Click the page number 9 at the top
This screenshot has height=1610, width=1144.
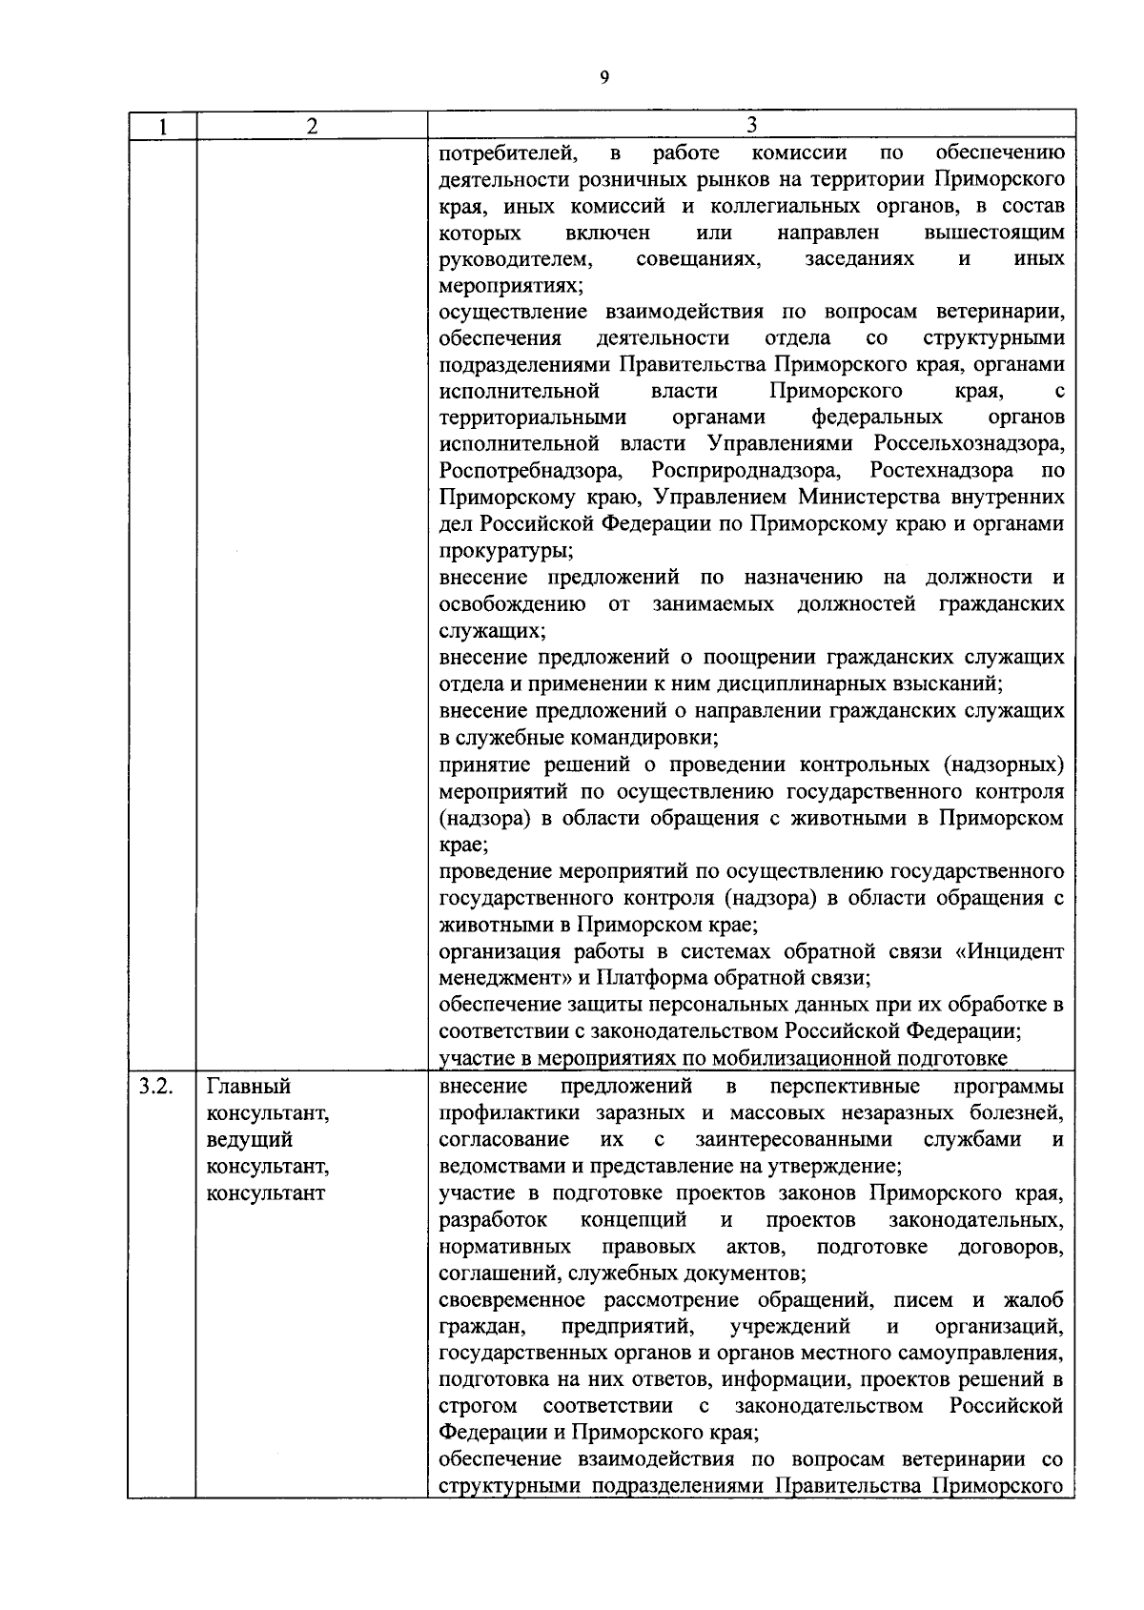pyautogui.click(x=604, y=78)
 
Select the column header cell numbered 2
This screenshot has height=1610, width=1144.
pyautogui.click(x=311, y=126)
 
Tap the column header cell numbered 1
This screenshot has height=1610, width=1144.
pyautogui.click(x=162, y=126)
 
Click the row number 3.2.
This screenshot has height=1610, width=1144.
pyautogui.click(x=155, y=1087)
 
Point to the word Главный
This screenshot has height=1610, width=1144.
pyautogui.click(x=249, y=1087)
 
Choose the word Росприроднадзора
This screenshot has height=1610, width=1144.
pyautogui.click(x=746, y=471)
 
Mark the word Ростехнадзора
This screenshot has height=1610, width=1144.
pyautogui.click(x=942, y=471)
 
